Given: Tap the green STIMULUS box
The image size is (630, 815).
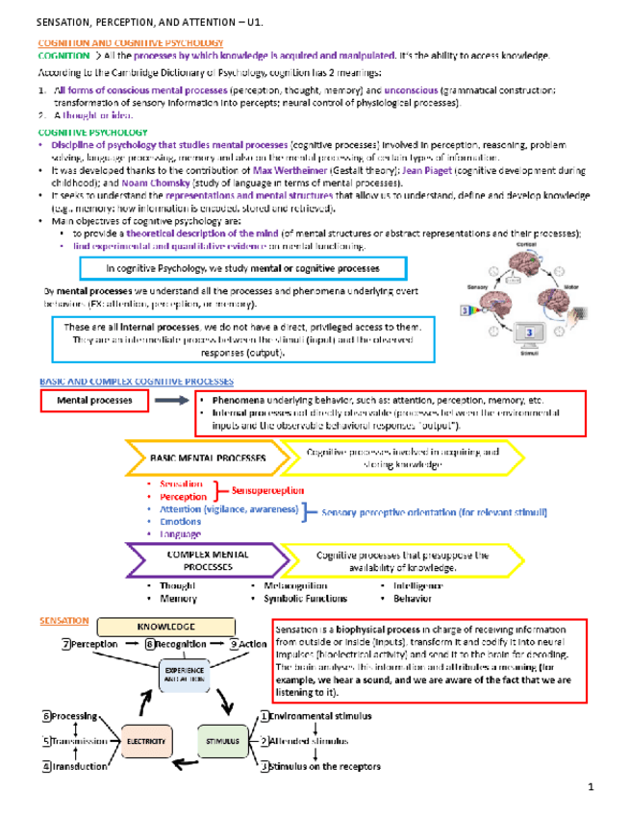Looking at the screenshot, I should coord(223,741).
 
